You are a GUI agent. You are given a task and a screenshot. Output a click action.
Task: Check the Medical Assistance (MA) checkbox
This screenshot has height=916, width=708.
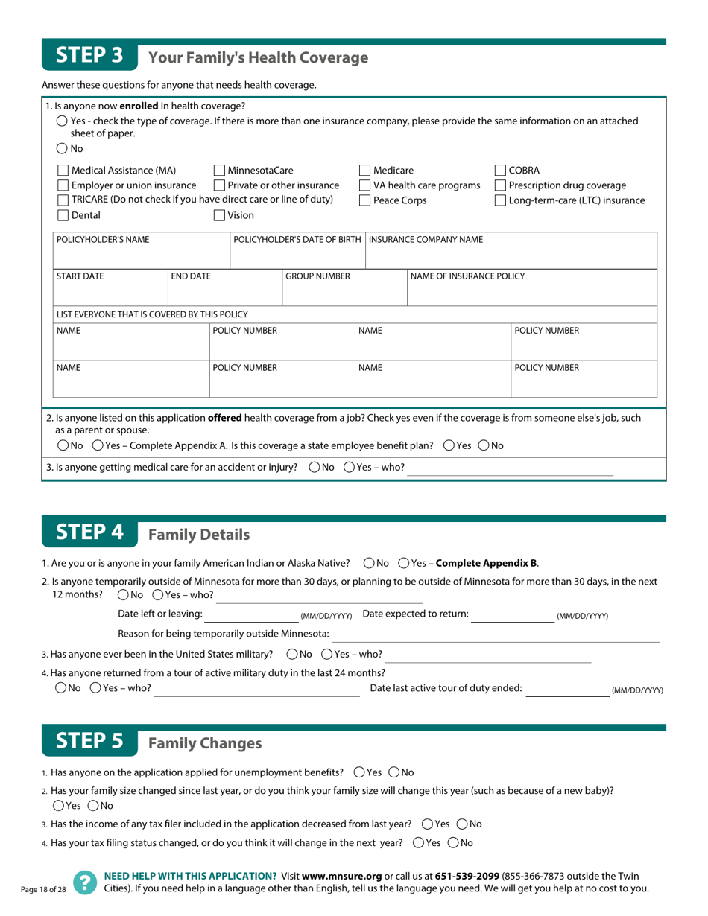[x=63, y=171]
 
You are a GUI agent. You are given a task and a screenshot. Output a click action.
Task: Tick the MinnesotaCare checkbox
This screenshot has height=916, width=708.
[x=220, y=171]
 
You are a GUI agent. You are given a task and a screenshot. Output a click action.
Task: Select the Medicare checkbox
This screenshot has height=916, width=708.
[x=365, y=171]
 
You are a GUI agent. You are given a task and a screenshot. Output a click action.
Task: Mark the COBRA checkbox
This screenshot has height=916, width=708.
[x=501, y=171]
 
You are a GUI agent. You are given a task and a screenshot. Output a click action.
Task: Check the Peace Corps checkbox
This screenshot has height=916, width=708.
[x=365, y=200]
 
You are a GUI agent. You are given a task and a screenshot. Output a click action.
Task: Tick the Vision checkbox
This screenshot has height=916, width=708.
[x=220, y=216]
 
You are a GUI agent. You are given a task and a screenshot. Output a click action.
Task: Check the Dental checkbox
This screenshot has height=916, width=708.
[x=63, y=216]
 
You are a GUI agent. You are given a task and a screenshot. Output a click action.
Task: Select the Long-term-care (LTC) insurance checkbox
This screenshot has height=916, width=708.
[x=501, y=200]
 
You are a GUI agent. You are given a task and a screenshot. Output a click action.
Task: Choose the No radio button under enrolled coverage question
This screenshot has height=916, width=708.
[x=62, y=149]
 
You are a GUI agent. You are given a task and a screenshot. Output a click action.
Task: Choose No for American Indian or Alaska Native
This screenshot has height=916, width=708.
[x=369, y=562]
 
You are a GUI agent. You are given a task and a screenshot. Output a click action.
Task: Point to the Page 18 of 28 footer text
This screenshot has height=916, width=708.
[x=43, y=889]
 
